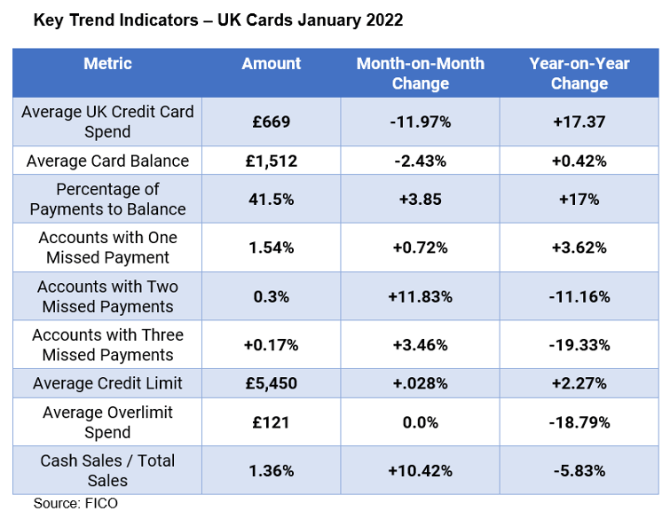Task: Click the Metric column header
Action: pyautogui.click(x=107, y=64)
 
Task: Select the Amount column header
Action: pyautogui.click(x=272, y=64)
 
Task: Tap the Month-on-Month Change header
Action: pyautogui.click(x=420, y=74)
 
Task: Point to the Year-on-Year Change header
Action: pyautogui.click(x=579, y=74)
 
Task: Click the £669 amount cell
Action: pyautogui.click(x=272, y=122)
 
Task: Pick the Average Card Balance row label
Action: pyautogui.click(x=107, y=161)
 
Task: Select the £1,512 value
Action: pyautogui.click(x=272, y=161)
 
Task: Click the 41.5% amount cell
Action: pyautogui.click(x=272, y=200)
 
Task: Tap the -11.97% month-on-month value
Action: pyautogui.click(x=420, y=122)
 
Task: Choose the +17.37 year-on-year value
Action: pyautogui.click(x=579, y=122)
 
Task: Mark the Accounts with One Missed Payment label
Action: pyautogui.click(x=107, y=248)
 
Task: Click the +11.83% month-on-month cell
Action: pyautogui.click(x=420, y=296)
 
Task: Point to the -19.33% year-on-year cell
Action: pyautogui.click(x=579, y=344)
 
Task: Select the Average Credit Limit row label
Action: pyautogui.click(x=107, y=383)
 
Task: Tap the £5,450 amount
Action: pyautogui.click(x=272, y=383)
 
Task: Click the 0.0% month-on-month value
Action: pyautogui.click(x=420, y=422)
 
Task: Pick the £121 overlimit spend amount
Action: pyautogui.click(x=272, y=422)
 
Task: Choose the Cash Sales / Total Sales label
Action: pyautogui.click(x=107, y=470)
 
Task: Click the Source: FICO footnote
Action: pyautogui.click(x=75, y=503)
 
